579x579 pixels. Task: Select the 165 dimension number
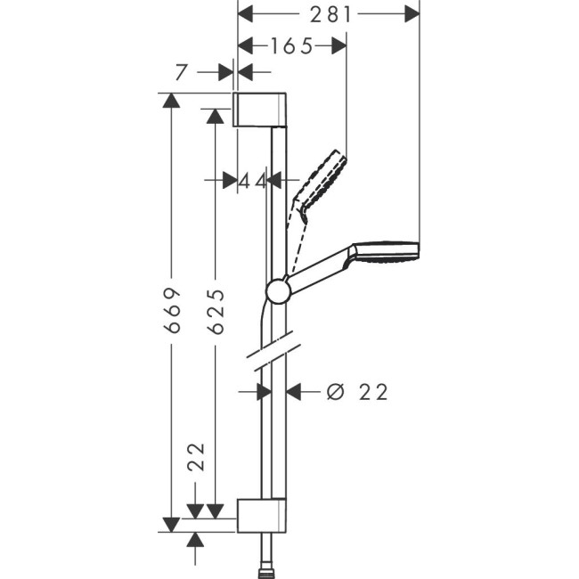293,46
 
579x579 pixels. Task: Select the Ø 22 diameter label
357,392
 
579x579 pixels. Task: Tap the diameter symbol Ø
334,392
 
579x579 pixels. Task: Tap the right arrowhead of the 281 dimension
412,14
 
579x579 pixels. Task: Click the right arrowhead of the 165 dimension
338,46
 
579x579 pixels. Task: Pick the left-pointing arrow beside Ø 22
295,391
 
